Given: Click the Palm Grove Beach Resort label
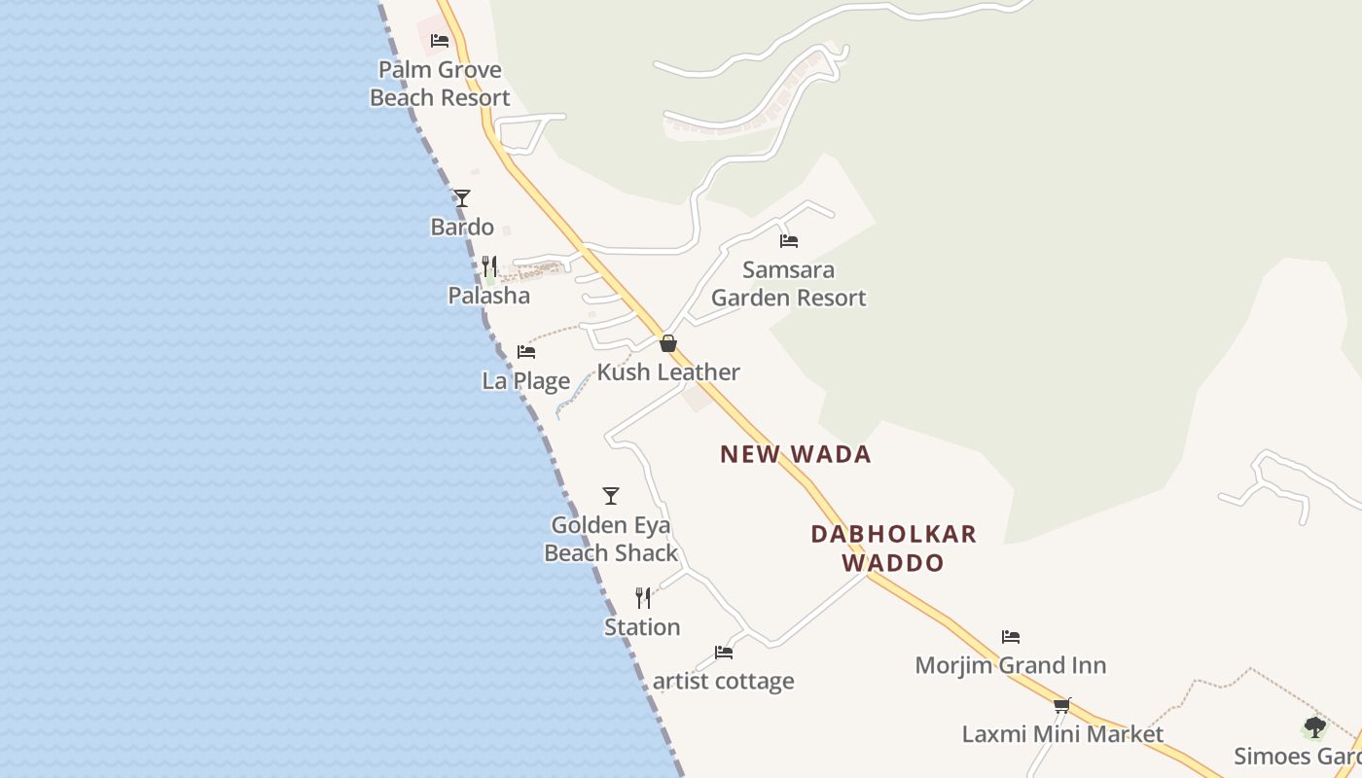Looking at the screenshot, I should [440, 84].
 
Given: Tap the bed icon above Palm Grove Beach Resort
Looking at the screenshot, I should [440, 41].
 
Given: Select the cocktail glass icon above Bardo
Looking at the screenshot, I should [462, 198].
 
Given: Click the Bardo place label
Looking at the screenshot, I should [462, 228].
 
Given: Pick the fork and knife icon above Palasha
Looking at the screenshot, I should [489, 265].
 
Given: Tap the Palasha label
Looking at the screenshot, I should [489, 296].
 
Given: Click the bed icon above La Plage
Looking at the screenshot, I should [526, 351].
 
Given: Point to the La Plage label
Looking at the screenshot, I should [526, 380].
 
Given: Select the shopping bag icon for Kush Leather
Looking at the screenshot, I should [668, 343].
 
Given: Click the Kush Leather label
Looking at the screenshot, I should [668, 372].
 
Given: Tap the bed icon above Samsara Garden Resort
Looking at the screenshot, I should [789, 240].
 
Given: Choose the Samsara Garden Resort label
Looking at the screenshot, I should [789, 284].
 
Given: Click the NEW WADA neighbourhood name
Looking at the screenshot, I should [796, 454].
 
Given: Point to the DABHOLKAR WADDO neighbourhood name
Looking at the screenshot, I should [893, 548].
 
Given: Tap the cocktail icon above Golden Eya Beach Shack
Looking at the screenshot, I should [611, 496].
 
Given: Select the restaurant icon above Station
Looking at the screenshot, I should [643, 597].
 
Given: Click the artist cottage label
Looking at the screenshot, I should [723, 682].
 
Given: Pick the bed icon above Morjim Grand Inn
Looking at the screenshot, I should [1011, 637].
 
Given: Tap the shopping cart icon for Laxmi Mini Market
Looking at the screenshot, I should [1062, 705].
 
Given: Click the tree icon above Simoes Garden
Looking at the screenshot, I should [1314, 727].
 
